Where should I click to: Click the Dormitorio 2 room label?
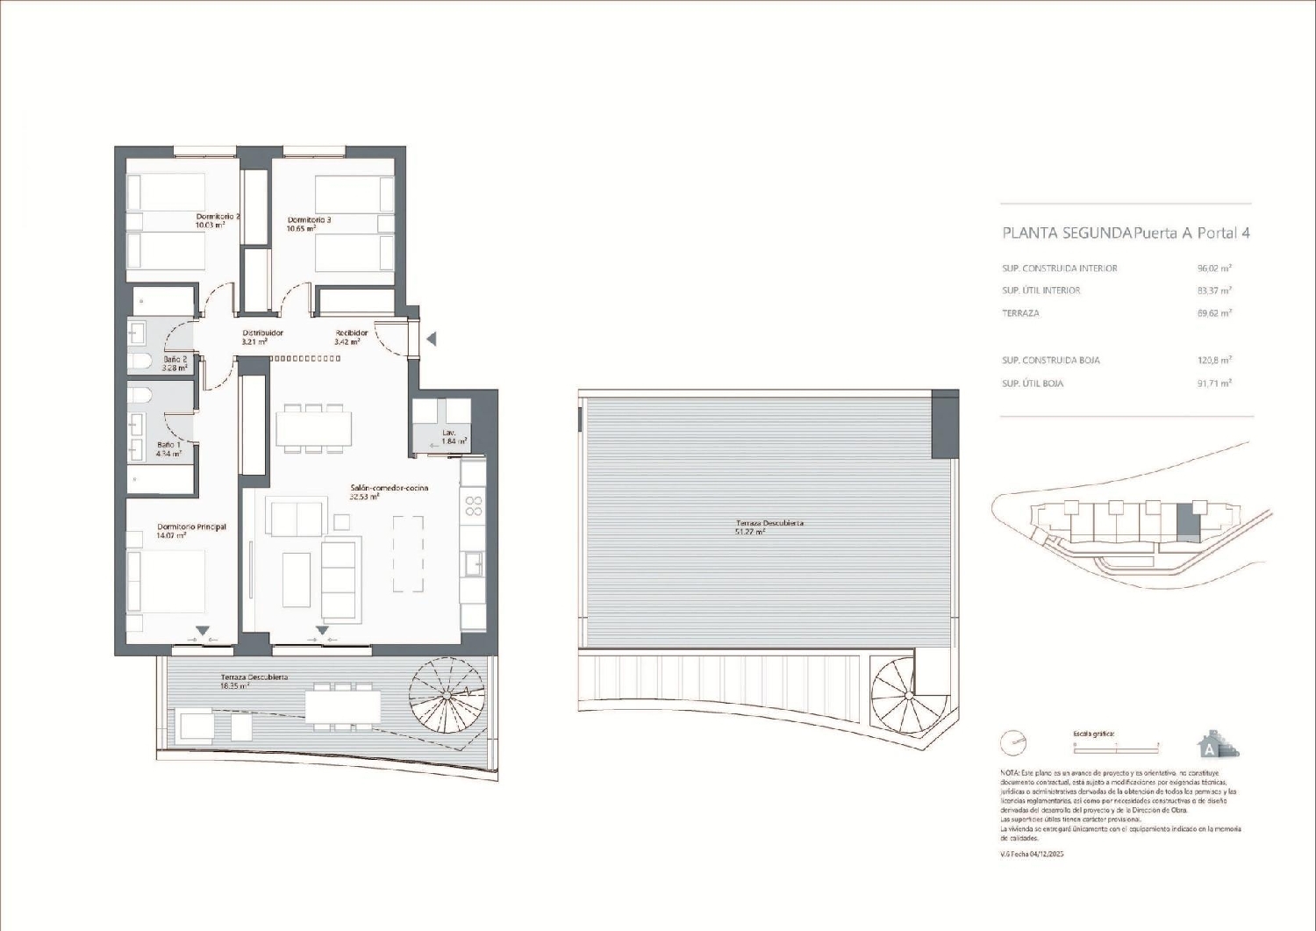tap(218, 216)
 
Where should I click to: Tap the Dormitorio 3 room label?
tap(309, 220)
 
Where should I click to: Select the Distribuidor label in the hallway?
tap(262, 333)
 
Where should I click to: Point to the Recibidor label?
tap(351, 333)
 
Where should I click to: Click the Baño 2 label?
tap(175, 360)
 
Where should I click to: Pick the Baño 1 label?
tap(168, 446)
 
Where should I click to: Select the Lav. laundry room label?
tap(449, 433)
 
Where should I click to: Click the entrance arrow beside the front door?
tap(431, 339)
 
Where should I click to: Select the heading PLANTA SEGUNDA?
tap(1066, 233)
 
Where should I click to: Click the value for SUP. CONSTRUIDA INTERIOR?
tap(1214, 269)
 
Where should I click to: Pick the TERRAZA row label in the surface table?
tap(1020, 313)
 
